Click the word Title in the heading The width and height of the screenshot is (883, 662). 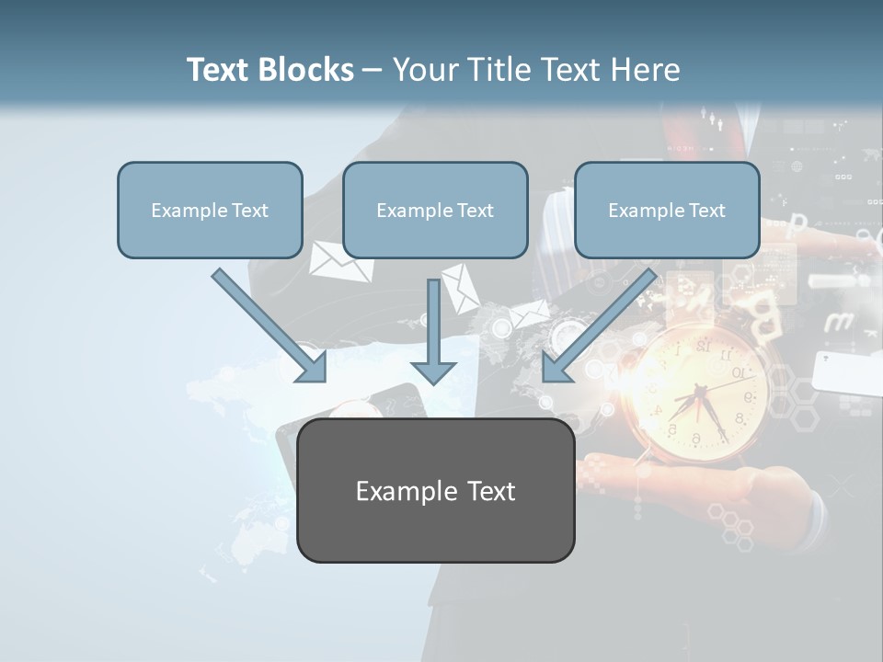pyautogui.click(x=494, y=70)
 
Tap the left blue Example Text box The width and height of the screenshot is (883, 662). pyautogui.click(x=210, y=210)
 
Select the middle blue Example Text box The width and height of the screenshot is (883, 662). pyautogui.click(x=435, y=210)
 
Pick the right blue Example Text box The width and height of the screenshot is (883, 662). pyautogui.click(x=667, y=210)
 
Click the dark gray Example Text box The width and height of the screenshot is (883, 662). pyautogui.click(x=435, y=490)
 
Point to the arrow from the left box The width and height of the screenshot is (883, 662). pyautogui.click(x=270, y=325)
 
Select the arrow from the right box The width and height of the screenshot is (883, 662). pyautogui.click(x=598, y=326)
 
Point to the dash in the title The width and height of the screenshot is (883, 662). pyautogui.click(x=373, y=71)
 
